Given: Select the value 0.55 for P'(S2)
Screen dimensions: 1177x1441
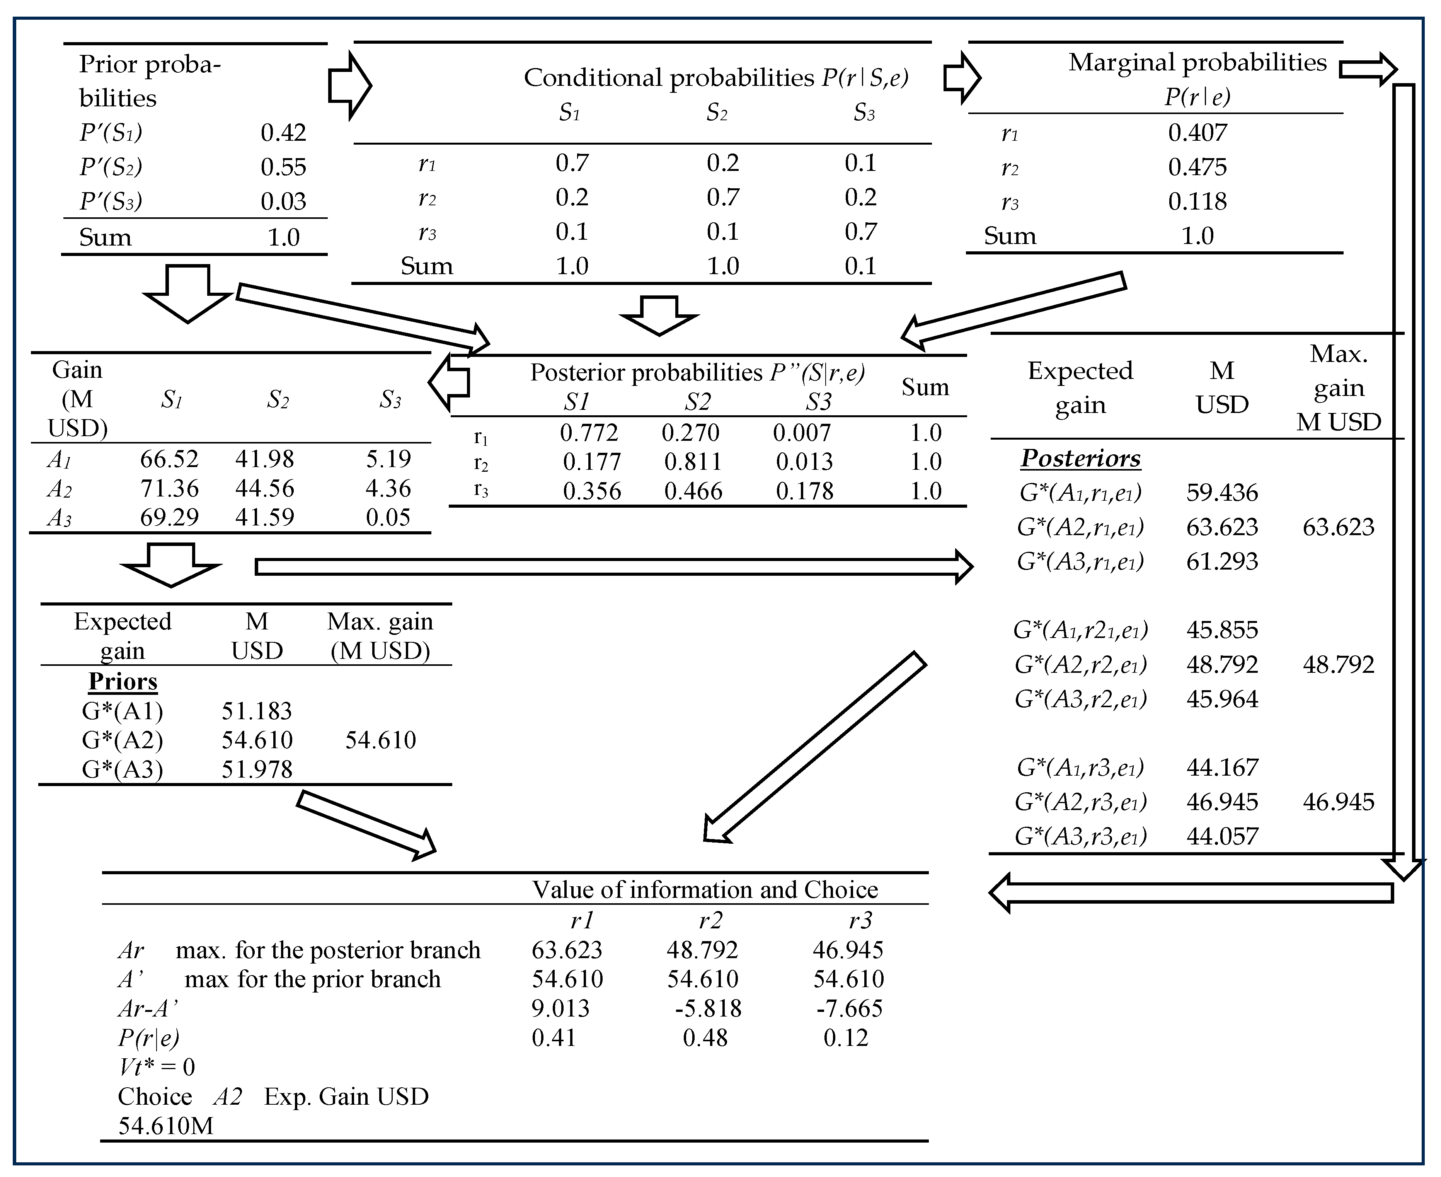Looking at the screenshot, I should (283, 167).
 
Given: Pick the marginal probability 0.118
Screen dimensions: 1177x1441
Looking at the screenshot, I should (1197, 201).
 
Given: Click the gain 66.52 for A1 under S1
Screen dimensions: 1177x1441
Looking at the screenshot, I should (169, 459).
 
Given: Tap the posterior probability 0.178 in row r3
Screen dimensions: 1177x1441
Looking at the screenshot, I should (804, 491).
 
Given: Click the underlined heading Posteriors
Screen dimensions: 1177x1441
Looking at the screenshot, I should (1080, 458).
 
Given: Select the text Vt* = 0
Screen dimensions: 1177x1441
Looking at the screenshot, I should (157, 1067).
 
